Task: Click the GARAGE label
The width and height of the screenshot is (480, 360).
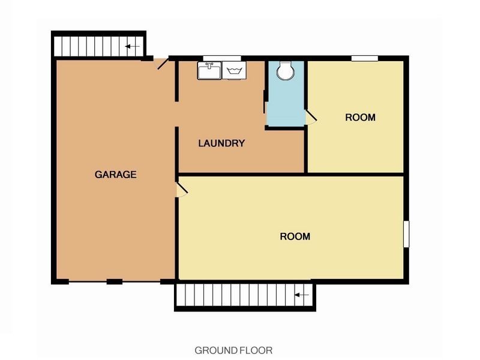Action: [115, 175]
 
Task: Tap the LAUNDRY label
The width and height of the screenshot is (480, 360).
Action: [221, 143]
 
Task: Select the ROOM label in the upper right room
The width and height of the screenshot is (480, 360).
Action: [361, 118]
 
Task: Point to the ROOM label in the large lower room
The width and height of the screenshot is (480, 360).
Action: [295, 236]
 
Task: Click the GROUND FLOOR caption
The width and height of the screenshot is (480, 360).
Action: [233, 350]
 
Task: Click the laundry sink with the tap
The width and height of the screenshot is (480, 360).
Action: [209, 70]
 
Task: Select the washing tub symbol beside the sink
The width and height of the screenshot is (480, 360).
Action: [234, 70]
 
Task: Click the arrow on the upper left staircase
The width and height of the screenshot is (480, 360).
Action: [132, 47]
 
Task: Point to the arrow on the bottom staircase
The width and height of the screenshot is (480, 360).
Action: [302, 295]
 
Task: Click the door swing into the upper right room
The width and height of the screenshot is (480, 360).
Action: [311, 117]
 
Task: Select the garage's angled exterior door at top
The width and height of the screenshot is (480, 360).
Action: [163, 64]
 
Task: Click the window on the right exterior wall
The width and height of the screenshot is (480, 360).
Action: [406, 234]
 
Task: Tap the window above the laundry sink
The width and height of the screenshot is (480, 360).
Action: [222, 58]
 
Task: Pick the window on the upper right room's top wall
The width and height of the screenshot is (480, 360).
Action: [365, 58]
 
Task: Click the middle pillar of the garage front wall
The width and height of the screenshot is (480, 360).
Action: [115, 281]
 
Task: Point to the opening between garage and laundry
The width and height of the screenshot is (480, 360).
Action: [176, 114]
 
